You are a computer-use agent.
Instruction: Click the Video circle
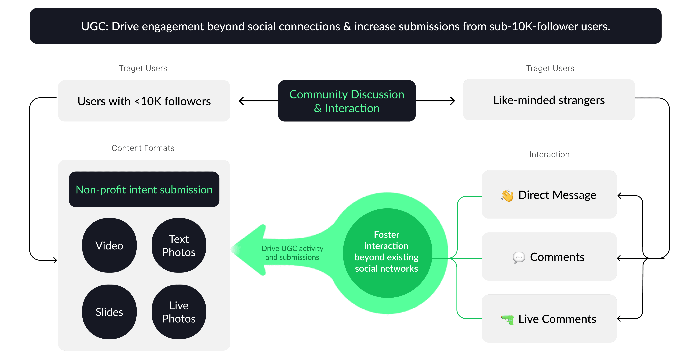click(109, 245)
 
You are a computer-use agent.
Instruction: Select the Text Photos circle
click(179, 245)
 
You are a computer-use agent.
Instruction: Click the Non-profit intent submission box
click(144, 189)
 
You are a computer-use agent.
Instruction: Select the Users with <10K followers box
click(144, 101)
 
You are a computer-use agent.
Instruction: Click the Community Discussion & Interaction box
click(347, 101)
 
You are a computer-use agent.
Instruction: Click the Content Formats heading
click(143, 148)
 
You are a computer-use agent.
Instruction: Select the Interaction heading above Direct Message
click(549, 154)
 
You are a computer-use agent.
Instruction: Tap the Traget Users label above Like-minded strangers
click(550, 68)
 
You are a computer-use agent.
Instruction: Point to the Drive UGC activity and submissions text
click(292, 253)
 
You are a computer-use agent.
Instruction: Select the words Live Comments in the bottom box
click(557, 319)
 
